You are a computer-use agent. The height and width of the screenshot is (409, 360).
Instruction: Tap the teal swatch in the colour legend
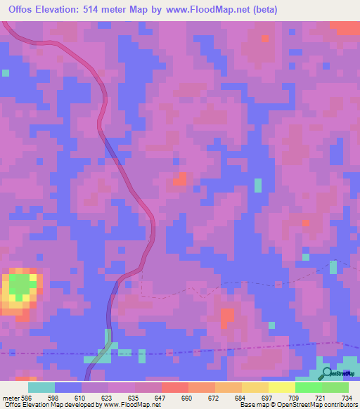click(x=41, y=387)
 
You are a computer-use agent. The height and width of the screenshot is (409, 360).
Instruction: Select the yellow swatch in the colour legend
click(x=281, y=387)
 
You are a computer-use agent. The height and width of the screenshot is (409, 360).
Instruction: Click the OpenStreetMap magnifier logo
click(x=328, y=372)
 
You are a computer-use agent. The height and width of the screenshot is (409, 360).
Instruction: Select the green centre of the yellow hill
click(x=20, y=286)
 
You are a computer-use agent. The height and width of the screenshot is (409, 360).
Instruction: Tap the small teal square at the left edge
click(x=6, y=72)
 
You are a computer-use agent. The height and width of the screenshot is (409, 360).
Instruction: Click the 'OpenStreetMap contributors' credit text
click(x=317, y=405)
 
